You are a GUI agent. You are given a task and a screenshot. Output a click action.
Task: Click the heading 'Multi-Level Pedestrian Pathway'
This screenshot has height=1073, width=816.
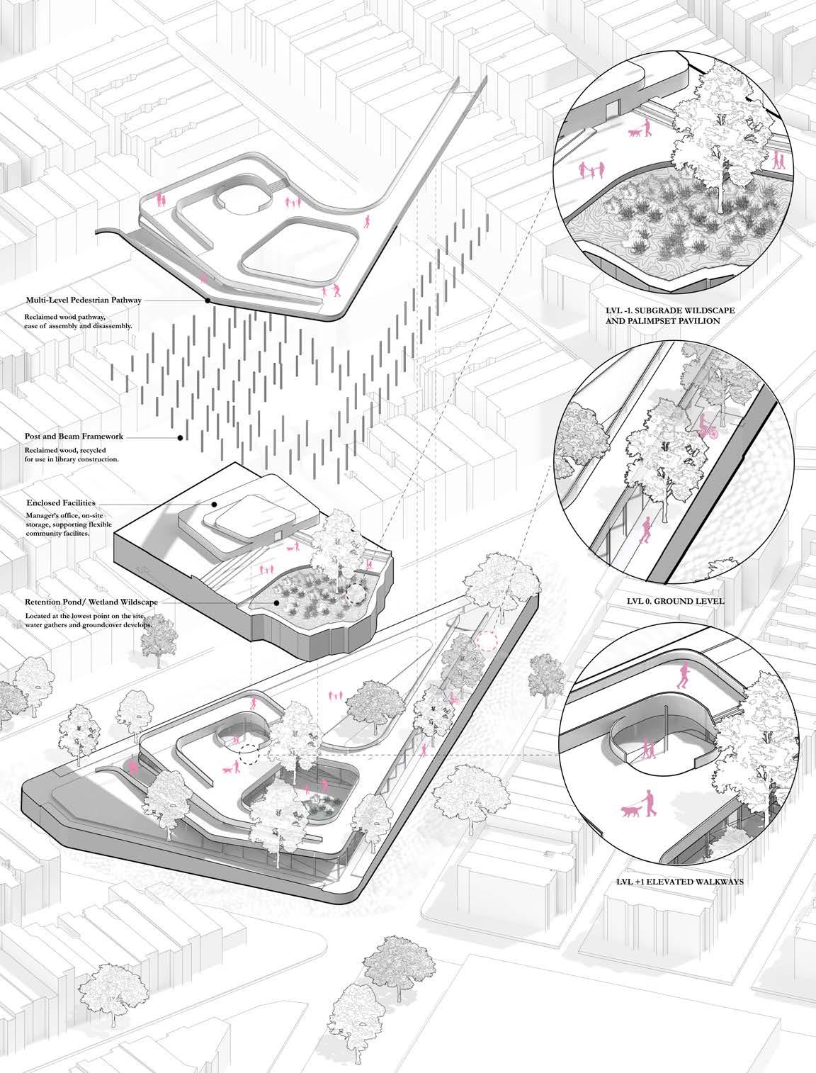click(84, 300)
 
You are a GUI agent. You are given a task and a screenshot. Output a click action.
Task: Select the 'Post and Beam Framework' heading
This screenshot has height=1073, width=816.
click(74, 436)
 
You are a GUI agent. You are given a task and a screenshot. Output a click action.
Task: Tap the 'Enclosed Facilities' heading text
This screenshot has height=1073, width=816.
click(61, 502)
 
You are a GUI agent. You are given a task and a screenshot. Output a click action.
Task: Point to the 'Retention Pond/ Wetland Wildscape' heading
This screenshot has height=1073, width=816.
click(92, 602)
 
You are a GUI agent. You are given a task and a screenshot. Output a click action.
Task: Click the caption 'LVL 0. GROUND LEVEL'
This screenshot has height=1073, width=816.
click(675, 601)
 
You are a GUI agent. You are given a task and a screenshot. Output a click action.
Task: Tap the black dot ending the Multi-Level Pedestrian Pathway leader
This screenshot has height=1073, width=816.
click(208, 300)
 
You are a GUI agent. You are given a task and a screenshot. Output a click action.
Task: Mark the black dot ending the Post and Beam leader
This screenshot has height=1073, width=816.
click(180, 438)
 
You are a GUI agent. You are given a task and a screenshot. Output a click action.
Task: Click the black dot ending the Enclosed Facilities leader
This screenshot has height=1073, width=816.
click(214, 504)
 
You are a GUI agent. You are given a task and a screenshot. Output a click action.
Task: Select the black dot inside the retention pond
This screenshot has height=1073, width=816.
click(276, 603)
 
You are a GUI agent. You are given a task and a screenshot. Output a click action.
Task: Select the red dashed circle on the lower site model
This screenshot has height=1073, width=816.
click(487, 641)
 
